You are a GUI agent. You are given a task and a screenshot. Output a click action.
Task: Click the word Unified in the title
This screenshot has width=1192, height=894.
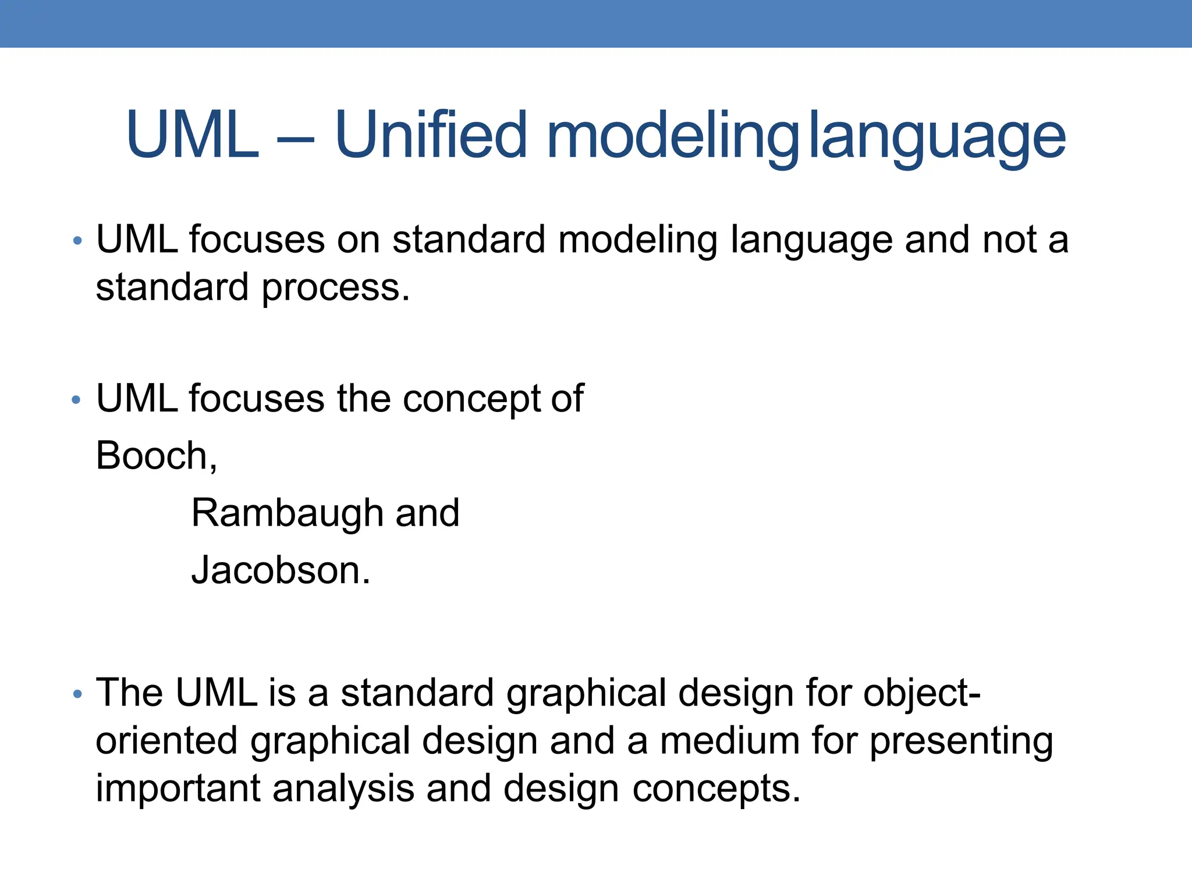coord(431,135)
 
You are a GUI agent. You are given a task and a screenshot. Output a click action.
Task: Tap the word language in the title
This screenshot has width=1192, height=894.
coord(937,137)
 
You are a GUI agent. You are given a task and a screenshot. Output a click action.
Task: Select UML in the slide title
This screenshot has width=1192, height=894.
coord(192,135)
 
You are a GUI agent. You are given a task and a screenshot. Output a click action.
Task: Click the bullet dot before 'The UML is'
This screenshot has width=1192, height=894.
coord(77,694)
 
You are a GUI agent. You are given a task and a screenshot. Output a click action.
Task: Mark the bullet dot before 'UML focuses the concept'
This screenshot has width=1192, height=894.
coord(76,400)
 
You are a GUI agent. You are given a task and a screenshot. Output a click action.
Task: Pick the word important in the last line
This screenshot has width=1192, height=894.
coord(178,789)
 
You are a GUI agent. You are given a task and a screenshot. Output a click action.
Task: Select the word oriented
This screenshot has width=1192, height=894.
coord(166,742)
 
